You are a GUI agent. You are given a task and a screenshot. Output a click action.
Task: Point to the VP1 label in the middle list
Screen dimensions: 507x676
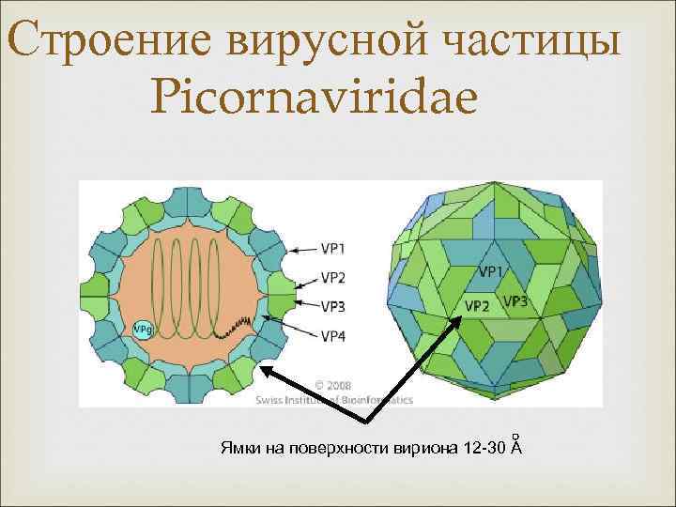point(333,249)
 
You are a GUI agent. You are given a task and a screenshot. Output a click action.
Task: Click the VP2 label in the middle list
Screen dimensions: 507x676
point(333,277)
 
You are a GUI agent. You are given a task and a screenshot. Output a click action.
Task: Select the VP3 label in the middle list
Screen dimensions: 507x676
point(333,305)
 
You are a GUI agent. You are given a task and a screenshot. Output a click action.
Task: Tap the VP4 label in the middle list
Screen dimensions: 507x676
point(333,335)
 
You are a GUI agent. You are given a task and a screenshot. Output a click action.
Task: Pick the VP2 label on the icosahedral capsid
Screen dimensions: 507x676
point(478,306)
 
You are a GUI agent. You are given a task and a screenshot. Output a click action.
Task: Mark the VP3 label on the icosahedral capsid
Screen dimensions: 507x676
point(515,301)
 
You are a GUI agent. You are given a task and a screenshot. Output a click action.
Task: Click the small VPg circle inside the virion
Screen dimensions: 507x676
point(144,329)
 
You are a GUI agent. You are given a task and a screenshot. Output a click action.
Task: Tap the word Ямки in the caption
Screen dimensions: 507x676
point(239,444)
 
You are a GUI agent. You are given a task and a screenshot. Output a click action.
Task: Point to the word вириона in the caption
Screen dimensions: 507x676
point(429,444)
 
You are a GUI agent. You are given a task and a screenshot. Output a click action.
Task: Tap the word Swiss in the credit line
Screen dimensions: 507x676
point(271,399)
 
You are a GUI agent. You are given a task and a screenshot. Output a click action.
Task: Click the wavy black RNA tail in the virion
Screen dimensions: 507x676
point(230,327)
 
